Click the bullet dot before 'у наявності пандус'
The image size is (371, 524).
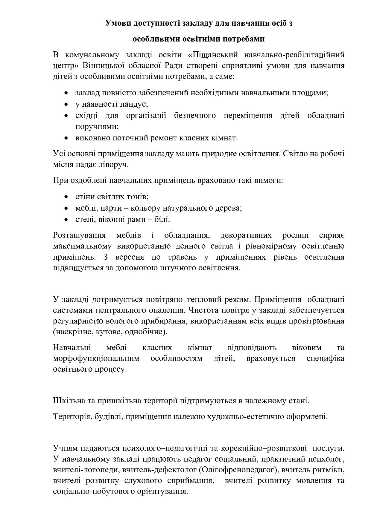point(66,104)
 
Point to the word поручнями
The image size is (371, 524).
point(97,126)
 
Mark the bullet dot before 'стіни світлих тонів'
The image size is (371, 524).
point(66,197)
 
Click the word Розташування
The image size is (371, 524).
point(79,235)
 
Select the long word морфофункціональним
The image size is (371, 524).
point(96,358)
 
